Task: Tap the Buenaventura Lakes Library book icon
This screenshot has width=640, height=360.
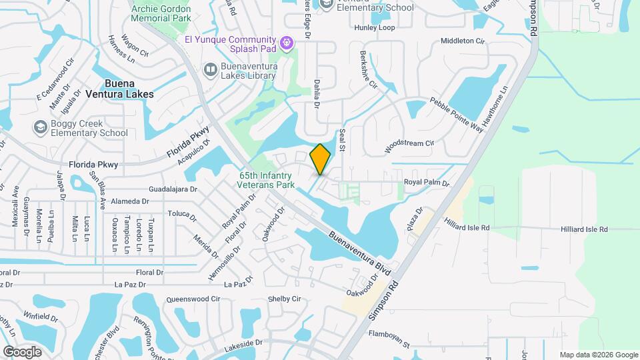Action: point(211,69)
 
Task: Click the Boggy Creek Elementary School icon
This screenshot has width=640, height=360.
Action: point(41,126)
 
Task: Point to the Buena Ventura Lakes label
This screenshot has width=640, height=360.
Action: point(129,89)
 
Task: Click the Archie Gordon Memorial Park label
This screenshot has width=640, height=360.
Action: point(161,13)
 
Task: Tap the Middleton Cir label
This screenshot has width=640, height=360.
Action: point(463,41)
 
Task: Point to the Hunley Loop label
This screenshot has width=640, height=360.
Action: point(375,27)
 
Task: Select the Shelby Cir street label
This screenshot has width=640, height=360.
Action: point(284,299)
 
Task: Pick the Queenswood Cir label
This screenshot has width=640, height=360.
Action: point(191,299)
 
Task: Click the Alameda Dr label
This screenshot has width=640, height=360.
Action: point(130,201)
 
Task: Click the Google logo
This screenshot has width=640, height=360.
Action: point(22,351)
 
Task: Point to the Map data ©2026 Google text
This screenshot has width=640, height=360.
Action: point(598,355)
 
